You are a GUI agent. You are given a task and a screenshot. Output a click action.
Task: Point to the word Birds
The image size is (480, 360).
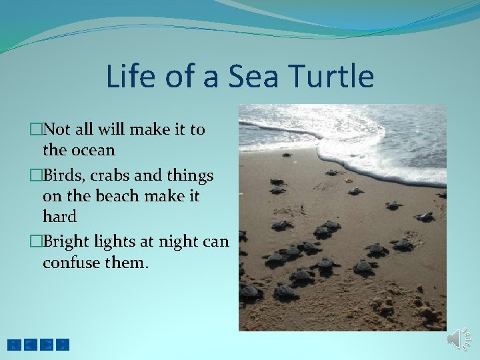coord(63,176)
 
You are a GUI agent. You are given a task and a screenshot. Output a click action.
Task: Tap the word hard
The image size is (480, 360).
coord(59,217)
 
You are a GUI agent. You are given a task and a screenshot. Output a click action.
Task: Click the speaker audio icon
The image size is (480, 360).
coord(459,339)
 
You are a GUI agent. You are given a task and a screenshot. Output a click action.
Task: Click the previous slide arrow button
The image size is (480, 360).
coord(30,345)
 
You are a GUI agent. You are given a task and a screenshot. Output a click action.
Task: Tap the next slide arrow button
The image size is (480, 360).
coord(47,345)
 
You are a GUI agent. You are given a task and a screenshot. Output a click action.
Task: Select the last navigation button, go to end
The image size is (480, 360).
coord(63,345)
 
